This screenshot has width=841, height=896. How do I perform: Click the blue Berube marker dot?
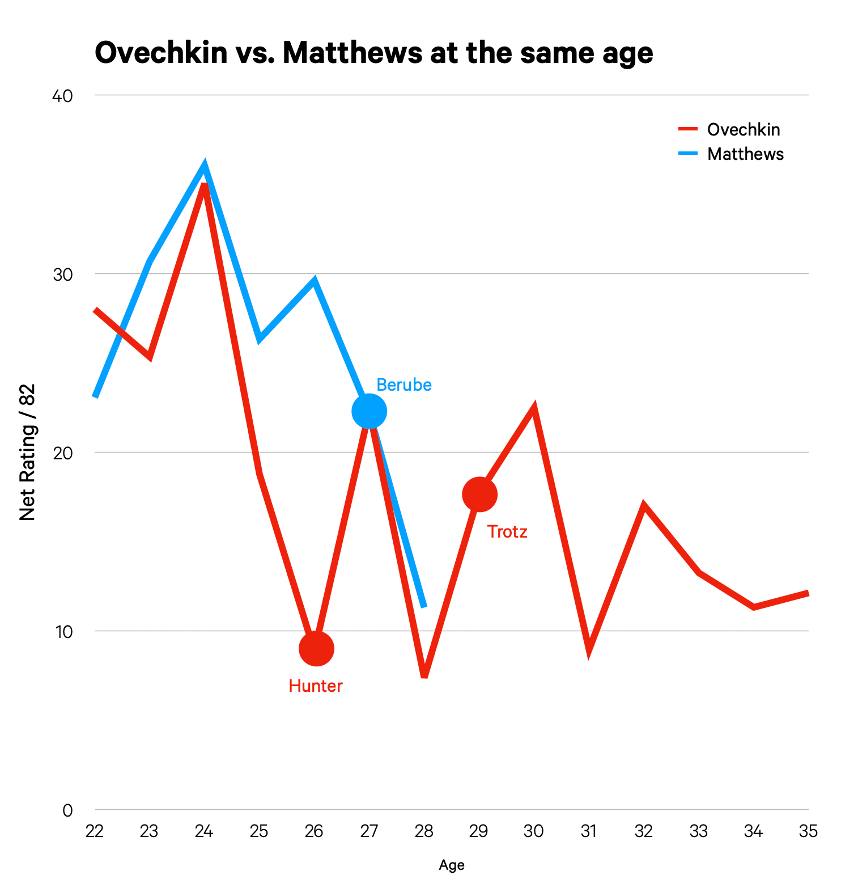(x=369, y=411)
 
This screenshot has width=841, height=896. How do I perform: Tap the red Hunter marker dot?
(x=316, y=648)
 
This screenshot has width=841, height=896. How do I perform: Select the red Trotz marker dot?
(x=479, y=495)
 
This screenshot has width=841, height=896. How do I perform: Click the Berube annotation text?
(x=403, y=385)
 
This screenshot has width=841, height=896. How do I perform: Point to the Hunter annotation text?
(x=316, y=686)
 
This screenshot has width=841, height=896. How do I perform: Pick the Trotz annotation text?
(x=507, y=532)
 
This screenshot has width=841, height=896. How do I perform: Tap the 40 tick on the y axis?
(x=62, y=96)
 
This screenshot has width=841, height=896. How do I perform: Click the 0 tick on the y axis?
(x=67, y=810)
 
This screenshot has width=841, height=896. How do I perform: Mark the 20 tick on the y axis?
(x=62, y=453)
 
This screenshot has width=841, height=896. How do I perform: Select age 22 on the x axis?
(x=94, y=831)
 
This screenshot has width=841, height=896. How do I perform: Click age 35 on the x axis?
(x=808, y=831)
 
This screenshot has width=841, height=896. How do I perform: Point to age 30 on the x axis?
(x=533, y=831)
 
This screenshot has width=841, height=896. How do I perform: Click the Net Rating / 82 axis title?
(x=27, y=452)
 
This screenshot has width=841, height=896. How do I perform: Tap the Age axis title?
(x=452, y=865)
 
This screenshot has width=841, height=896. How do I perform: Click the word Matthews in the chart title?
(x=352, y=53)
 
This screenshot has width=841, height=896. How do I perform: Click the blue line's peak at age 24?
(x=205, y=166)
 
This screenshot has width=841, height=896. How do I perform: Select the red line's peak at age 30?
(x=534, y=408)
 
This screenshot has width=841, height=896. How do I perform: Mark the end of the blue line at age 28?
(x=424, y=606)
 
